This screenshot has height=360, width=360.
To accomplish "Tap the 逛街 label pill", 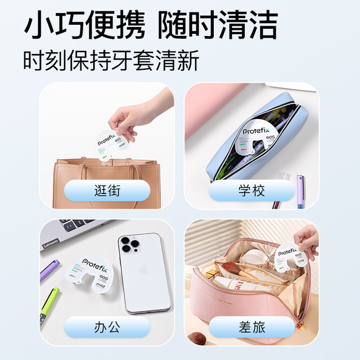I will (107, 192).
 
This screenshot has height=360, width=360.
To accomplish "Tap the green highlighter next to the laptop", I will (51, 298).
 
